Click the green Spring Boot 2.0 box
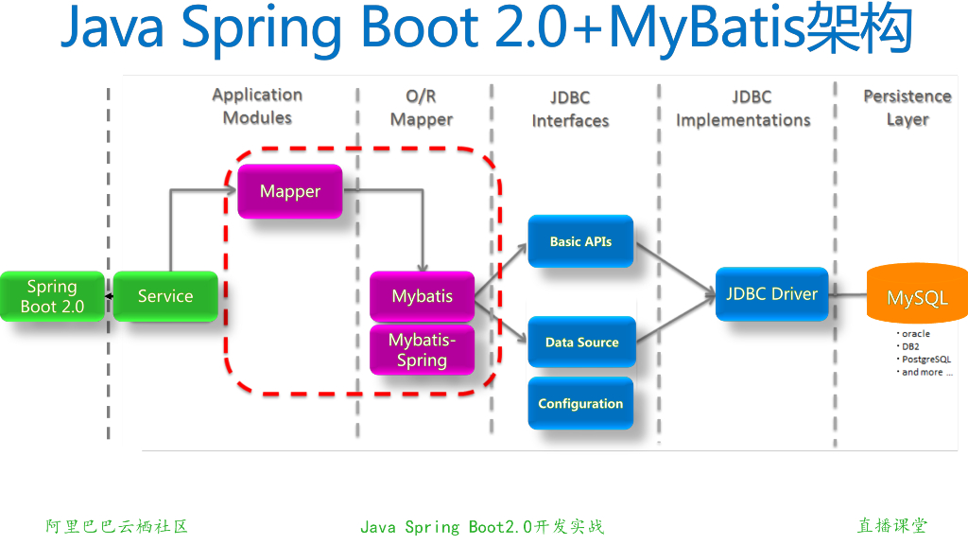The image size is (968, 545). click(52, 296)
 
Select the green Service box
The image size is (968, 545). click(165, 296)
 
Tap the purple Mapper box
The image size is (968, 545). click(290, 191)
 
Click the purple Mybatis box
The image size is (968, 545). click(422, 296)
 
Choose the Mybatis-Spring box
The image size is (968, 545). click(422, 349)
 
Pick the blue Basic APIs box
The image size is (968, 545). click(580, 241)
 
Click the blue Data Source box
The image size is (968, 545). click(581, 343)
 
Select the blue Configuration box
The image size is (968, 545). click(580, 403)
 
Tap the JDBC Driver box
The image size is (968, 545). click(771, 293)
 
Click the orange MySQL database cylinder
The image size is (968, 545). click(916, 297)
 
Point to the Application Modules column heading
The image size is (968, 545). click(257, 106)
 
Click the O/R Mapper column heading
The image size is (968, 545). click(421, 108)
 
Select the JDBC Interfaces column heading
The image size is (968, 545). click(570, 109)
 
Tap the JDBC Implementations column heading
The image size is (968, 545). click(743, 109)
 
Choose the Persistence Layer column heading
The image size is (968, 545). click(907, 108)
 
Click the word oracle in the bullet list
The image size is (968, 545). click(915, 334)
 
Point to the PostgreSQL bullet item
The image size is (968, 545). click(925, 360)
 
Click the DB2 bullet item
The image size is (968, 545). click(910, 347)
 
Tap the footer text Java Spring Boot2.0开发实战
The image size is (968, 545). click(482, 527)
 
